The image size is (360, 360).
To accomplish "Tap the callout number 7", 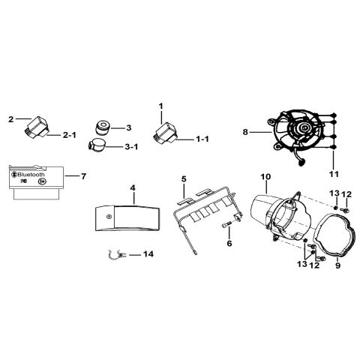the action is pyautogui.click(x=83, y=176).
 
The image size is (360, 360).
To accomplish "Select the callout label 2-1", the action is pyautogui.click(x=69, y=135).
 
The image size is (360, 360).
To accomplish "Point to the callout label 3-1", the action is pyautogui.click(x=131, y=147).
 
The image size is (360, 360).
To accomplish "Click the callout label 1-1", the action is pyautogui.click(x=202, y=139).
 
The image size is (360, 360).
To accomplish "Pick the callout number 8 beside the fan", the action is pyautogui.click(x=245, y=132).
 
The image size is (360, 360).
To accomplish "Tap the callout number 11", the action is pyautogui.click(x=334, y=174).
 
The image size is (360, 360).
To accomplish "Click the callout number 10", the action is pyautogui.click(x=265, y=177).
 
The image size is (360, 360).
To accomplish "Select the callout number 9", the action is pyautogui.click(x=337, y=265).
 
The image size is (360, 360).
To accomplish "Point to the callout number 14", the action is pyautogui.click(x=148, y=254).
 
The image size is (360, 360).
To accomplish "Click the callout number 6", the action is pyautogui.click(x=229, y=243).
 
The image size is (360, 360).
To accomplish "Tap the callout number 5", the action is pyautogui.click(x=184, y=179).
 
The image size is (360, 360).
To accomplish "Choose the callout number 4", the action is pyautogui.click(x=133, y=187).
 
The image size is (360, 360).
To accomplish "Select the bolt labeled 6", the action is pyautogui.click(x=227, y=226).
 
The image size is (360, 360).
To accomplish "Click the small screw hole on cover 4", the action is pyautogui.click(x=109, y=217).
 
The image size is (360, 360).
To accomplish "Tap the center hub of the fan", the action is pyautogui.click(x=303, y=128).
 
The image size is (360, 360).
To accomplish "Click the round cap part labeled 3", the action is pyautogui.click(x=103, y=127).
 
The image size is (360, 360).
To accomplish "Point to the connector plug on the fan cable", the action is pyautogui.click(x=302, y=163).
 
